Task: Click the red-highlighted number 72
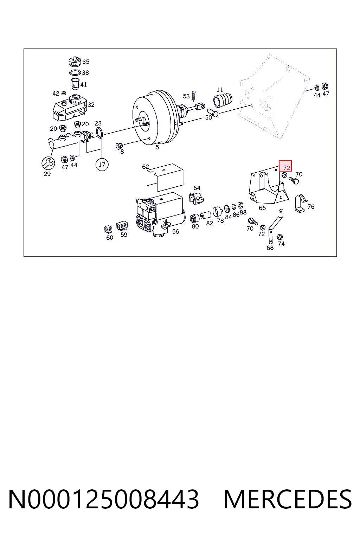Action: click(287, 167)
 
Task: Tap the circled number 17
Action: click(102, 165)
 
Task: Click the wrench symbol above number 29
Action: click(48, 163)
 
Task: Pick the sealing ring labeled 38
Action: click(75, 72)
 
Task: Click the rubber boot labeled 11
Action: click(223, 100)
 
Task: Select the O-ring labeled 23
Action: click(99, 133)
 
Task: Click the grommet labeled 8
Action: click(119, 146)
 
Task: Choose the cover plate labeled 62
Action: click(165, 178)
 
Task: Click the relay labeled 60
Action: click(108, 229)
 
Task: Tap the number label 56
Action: click(175, 232)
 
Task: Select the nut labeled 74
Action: click(280, 237)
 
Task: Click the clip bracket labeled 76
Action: click(300, 203)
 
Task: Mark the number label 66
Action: click(262, 208)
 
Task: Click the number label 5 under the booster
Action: click(157, 147)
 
